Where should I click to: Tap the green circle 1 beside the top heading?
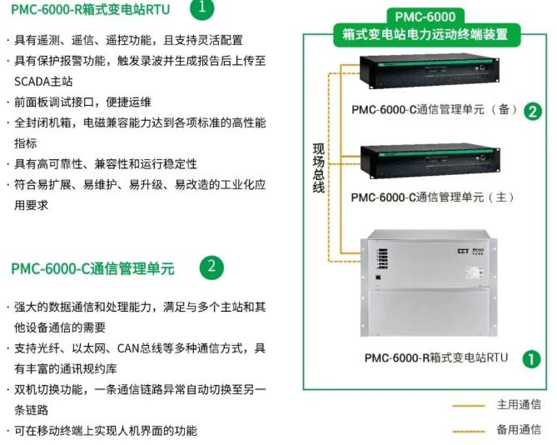[201, 9]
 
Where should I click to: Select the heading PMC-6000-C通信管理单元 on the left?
[92, 268]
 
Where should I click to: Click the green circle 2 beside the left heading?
[211, 267]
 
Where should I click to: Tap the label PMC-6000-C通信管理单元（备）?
[434, 109]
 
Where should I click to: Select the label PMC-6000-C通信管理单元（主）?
[433, 197]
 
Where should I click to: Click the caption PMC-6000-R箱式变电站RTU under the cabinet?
[435, 357]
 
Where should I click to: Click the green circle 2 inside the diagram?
[533, 111]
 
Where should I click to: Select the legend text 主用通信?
[519, 405]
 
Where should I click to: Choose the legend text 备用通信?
[519, 429]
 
